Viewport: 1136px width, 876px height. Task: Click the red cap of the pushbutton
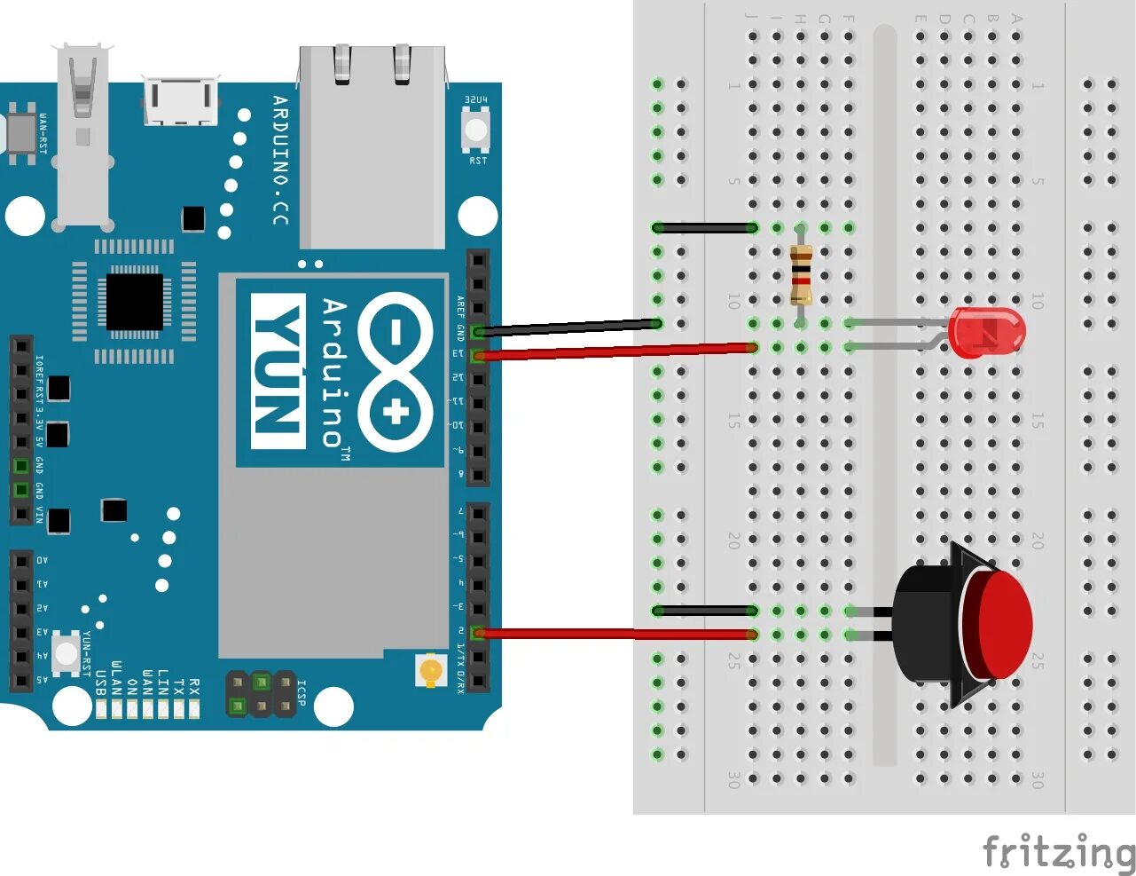pyautogui.click(x=998, y=623)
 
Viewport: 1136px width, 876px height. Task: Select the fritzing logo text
pyautogui.click(x=1058, y=852)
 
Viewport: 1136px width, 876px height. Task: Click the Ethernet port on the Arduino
pyautogui.click(x=372, y=146)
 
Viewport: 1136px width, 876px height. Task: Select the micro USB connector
pyautogui.click(x=181, y=101)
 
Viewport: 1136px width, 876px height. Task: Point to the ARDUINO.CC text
pyautogui.click(x=280, y=160)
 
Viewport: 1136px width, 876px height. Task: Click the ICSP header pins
pyautogui.click(x=261, y=694)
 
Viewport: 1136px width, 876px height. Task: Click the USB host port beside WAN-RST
pyautogui.click(x=83, y=133)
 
